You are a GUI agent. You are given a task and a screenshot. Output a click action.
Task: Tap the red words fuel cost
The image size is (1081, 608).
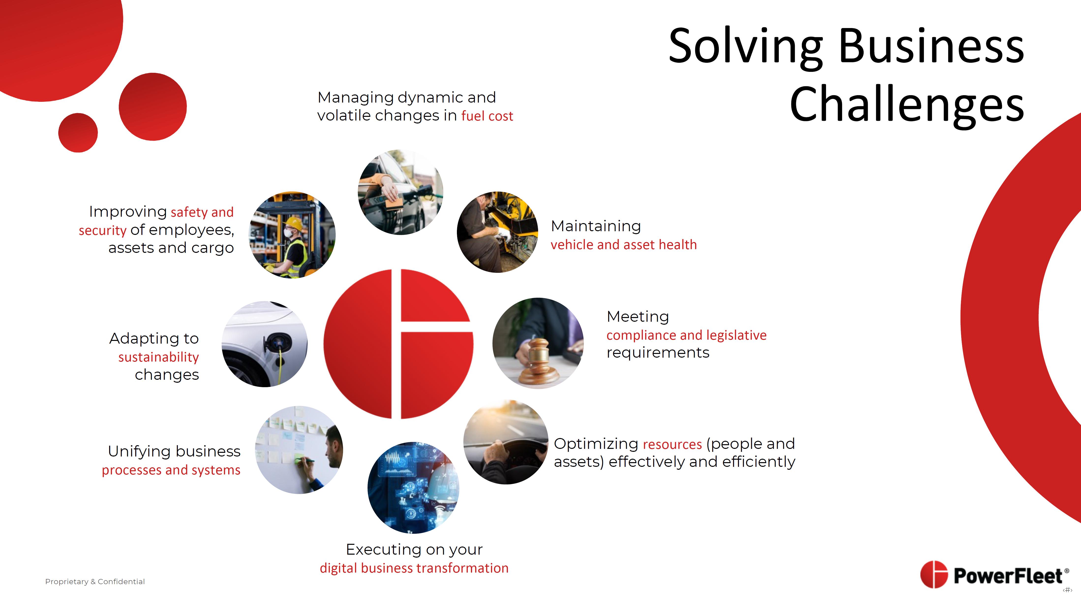[x=487, y=116]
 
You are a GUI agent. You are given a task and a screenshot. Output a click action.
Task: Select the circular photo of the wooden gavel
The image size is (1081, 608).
[x=538, y=343]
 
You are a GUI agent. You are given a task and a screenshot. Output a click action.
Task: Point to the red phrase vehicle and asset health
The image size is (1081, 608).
[x=624, y=245]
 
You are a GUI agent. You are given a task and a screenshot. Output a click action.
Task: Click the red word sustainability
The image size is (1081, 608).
[x=159, y=357]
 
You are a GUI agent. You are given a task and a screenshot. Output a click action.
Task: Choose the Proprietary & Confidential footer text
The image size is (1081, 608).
[x=95, y=582]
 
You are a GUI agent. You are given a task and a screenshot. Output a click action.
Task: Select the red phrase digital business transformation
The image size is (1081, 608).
[x=414, y=568]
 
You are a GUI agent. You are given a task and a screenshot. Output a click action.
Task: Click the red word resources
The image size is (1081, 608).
[x=672, y=444]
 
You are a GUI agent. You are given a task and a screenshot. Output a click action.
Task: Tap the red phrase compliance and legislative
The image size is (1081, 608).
[x=687, y=335]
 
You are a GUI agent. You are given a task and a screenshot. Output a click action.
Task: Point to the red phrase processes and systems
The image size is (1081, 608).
[x=171, y=470]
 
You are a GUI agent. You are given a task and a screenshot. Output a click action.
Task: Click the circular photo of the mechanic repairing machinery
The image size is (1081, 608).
[x=497, y=232]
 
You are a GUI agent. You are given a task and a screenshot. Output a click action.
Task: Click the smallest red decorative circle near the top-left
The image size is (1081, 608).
[x=78, y=133]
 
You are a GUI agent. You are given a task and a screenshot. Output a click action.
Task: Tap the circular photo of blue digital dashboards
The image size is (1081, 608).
[x=413, y=487]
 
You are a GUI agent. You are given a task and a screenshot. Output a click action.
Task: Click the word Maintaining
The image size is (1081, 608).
[x=596, y=227]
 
